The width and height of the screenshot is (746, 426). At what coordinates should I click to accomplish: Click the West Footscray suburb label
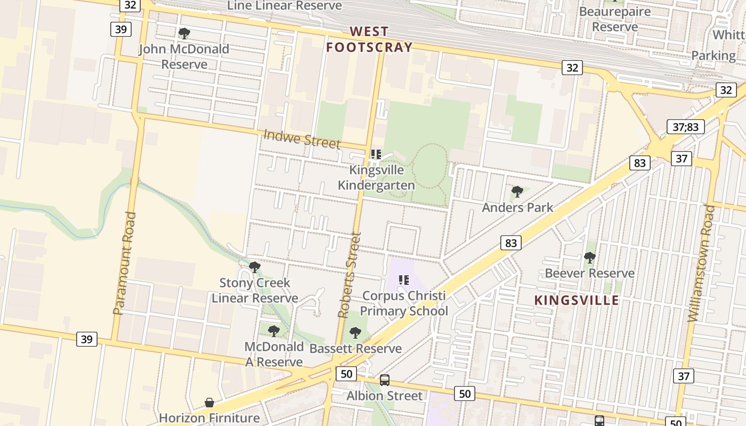tap(369, 40)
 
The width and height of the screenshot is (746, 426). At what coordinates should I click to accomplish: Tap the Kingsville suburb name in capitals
tap(577, 300)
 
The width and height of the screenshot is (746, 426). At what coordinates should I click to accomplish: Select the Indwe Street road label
tap(302, 140)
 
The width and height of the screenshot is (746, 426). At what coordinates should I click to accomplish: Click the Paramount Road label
tap(125, 263)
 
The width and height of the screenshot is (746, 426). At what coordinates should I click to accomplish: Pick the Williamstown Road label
tap(701, 263)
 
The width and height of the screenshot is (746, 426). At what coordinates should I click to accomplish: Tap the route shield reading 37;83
tap(686, 127)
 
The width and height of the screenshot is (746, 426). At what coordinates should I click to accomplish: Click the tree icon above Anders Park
tap(517, 192)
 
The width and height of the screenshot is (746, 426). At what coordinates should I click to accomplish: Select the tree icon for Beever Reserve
tap(589, 258)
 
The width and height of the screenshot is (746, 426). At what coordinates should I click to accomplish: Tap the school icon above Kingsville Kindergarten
tap(376, 154)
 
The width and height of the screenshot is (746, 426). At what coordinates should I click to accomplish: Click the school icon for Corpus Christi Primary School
tap(404, 280)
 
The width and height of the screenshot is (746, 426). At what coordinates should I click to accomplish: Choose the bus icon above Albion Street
tap(384, 380)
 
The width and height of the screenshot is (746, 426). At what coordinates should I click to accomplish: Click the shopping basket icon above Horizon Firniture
tap(209, 403)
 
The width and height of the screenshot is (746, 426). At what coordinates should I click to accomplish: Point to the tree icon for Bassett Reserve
tap(355, 333)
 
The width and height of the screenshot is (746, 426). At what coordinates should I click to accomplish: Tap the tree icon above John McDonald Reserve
tap(184, 34)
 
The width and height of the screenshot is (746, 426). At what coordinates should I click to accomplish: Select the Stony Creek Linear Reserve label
tap(255, 290)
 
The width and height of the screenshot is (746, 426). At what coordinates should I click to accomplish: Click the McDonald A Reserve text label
tap(274, 354)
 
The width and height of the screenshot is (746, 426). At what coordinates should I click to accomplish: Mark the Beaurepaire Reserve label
tap(615, 19)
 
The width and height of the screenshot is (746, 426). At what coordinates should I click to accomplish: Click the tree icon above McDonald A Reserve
tap(274, 331)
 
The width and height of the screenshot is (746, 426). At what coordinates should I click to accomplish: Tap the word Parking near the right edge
tap(713, 55)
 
